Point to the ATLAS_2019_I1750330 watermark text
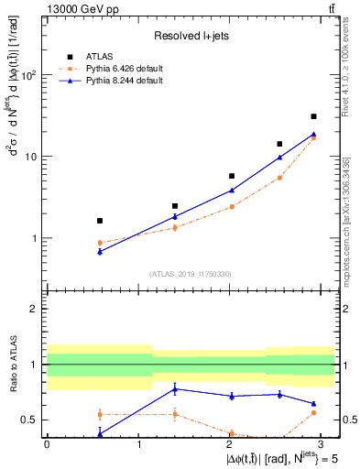191,274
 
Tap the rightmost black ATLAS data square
313,116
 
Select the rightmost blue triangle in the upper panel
313,134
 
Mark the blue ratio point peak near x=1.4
175,388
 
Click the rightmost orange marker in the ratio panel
313,413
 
